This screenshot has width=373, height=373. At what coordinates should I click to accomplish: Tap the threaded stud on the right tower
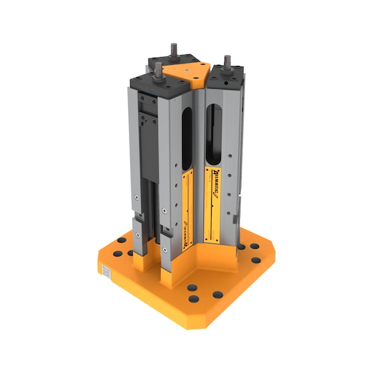pos(226,63)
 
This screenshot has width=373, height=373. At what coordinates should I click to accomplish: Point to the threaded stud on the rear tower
pos(175,50)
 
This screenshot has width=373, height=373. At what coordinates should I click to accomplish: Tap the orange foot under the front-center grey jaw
pos(168,278)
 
